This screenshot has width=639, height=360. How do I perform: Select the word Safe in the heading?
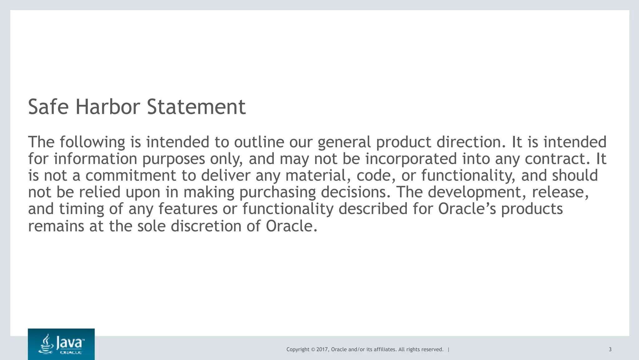48,107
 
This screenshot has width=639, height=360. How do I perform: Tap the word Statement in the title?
196,107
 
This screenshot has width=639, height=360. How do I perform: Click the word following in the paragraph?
92,142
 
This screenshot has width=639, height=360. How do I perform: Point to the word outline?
259,142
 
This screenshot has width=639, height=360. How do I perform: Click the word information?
95,159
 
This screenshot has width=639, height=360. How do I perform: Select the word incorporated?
411,159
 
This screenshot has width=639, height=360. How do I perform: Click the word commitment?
131,175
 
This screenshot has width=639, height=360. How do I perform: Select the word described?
373,209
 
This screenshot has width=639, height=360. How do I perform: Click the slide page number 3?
610,349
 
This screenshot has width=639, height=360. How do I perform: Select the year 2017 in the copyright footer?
322,349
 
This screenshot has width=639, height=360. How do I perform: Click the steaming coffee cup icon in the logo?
46,344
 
